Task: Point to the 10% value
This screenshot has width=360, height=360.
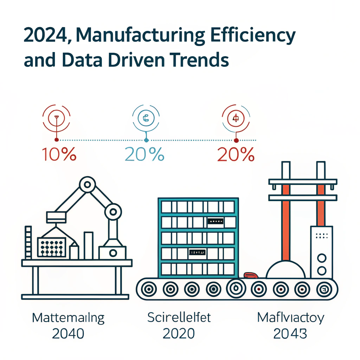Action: pyautogui.click(x=59, y=154)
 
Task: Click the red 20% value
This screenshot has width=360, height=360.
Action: pyautogui.click(x=236, y=154)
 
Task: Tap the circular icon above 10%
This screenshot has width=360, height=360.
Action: pyautogui.click(x=56, y=117)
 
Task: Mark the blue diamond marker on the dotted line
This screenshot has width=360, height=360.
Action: pyautogui.click(x=146, y=140)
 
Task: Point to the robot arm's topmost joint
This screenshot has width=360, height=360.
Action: pyautogui.click(x=87, y=184)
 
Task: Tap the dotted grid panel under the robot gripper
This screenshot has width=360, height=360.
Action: pyautogui.click(x=52, y=247)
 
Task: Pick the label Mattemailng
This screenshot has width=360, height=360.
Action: pyautogui.click(x=68, y=318)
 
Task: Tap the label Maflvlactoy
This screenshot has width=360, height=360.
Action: pyautogui.click(x=290, y=318)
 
